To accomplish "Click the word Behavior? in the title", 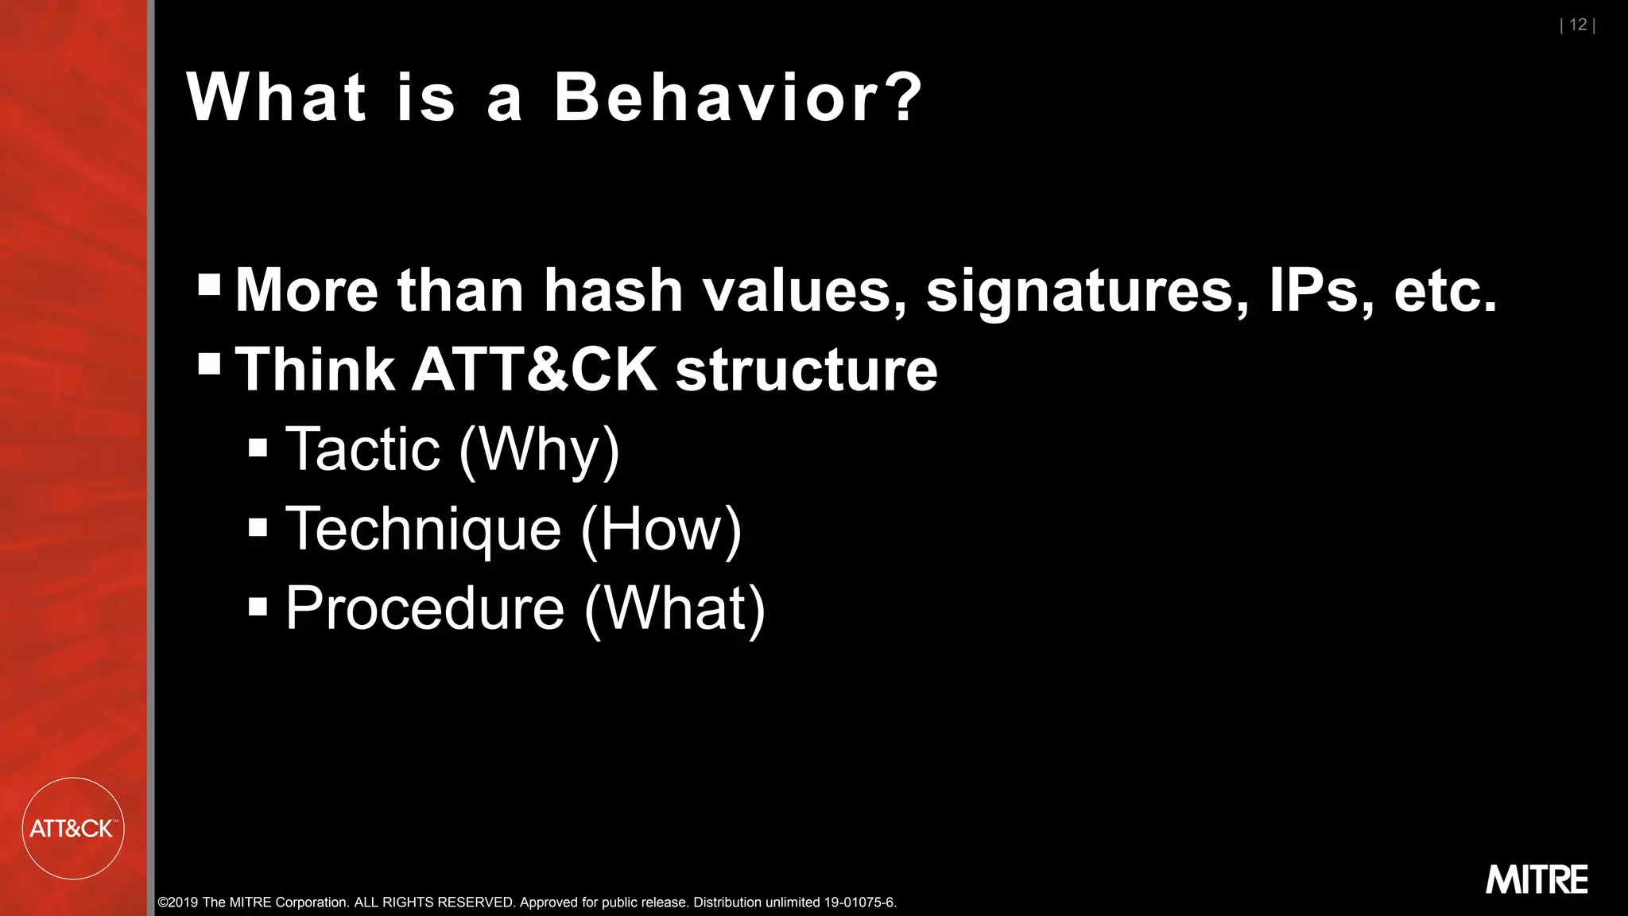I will tap(738, 97).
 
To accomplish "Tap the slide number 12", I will tap(1578, 25).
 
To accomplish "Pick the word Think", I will tap(315, 370).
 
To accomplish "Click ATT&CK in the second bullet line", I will tap(534, 370).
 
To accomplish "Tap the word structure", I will tap(806, 371).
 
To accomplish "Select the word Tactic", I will tap(362, 449).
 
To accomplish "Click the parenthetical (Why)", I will tap(540, 451).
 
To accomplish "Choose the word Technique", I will tap(423, 530).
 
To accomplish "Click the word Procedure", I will tap(424, 609).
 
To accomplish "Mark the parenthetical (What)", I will tap(675, 610).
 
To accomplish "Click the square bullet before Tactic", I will tap(258, 448).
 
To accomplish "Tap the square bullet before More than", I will tap(209, 285).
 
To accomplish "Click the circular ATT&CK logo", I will tap(73, 829).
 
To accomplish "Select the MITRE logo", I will tap(1537, 879).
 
